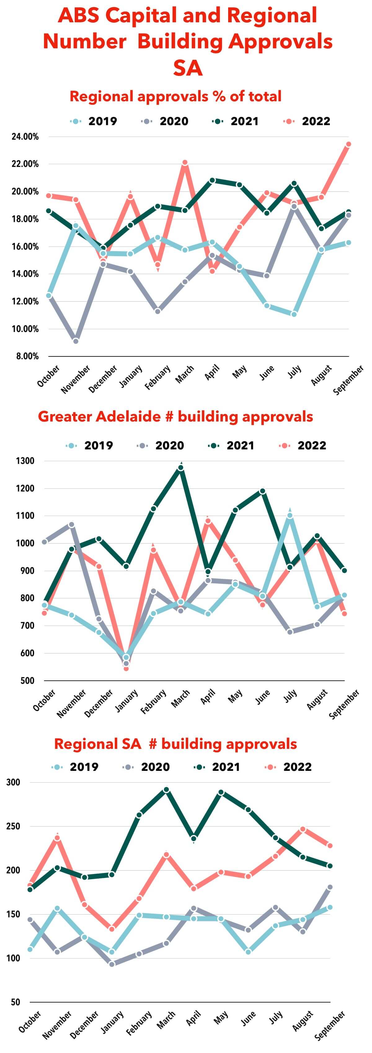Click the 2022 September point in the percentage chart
(348, 144)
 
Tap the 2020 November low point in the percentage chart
(76, 340)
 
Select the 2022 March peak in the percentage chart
(185, 163)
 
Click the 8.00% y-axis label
(27, 356)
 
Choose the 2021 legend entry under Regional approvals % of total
(236, 121)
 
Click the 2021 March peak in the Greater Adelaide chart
(180, 467)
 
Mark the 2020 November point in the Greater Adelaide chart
(72, 524)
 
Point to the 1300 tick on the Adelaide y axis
(25, 461)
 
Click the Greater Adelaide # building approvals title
(175, 417)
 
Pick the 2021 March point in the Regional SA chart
(166, 790)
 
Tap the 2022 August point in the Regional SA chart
(303, 829)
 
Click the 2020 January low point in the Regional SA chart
(112, 964)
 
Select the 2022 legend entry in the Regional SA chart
(289, 767)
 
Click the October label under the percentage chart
(48, 376)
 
